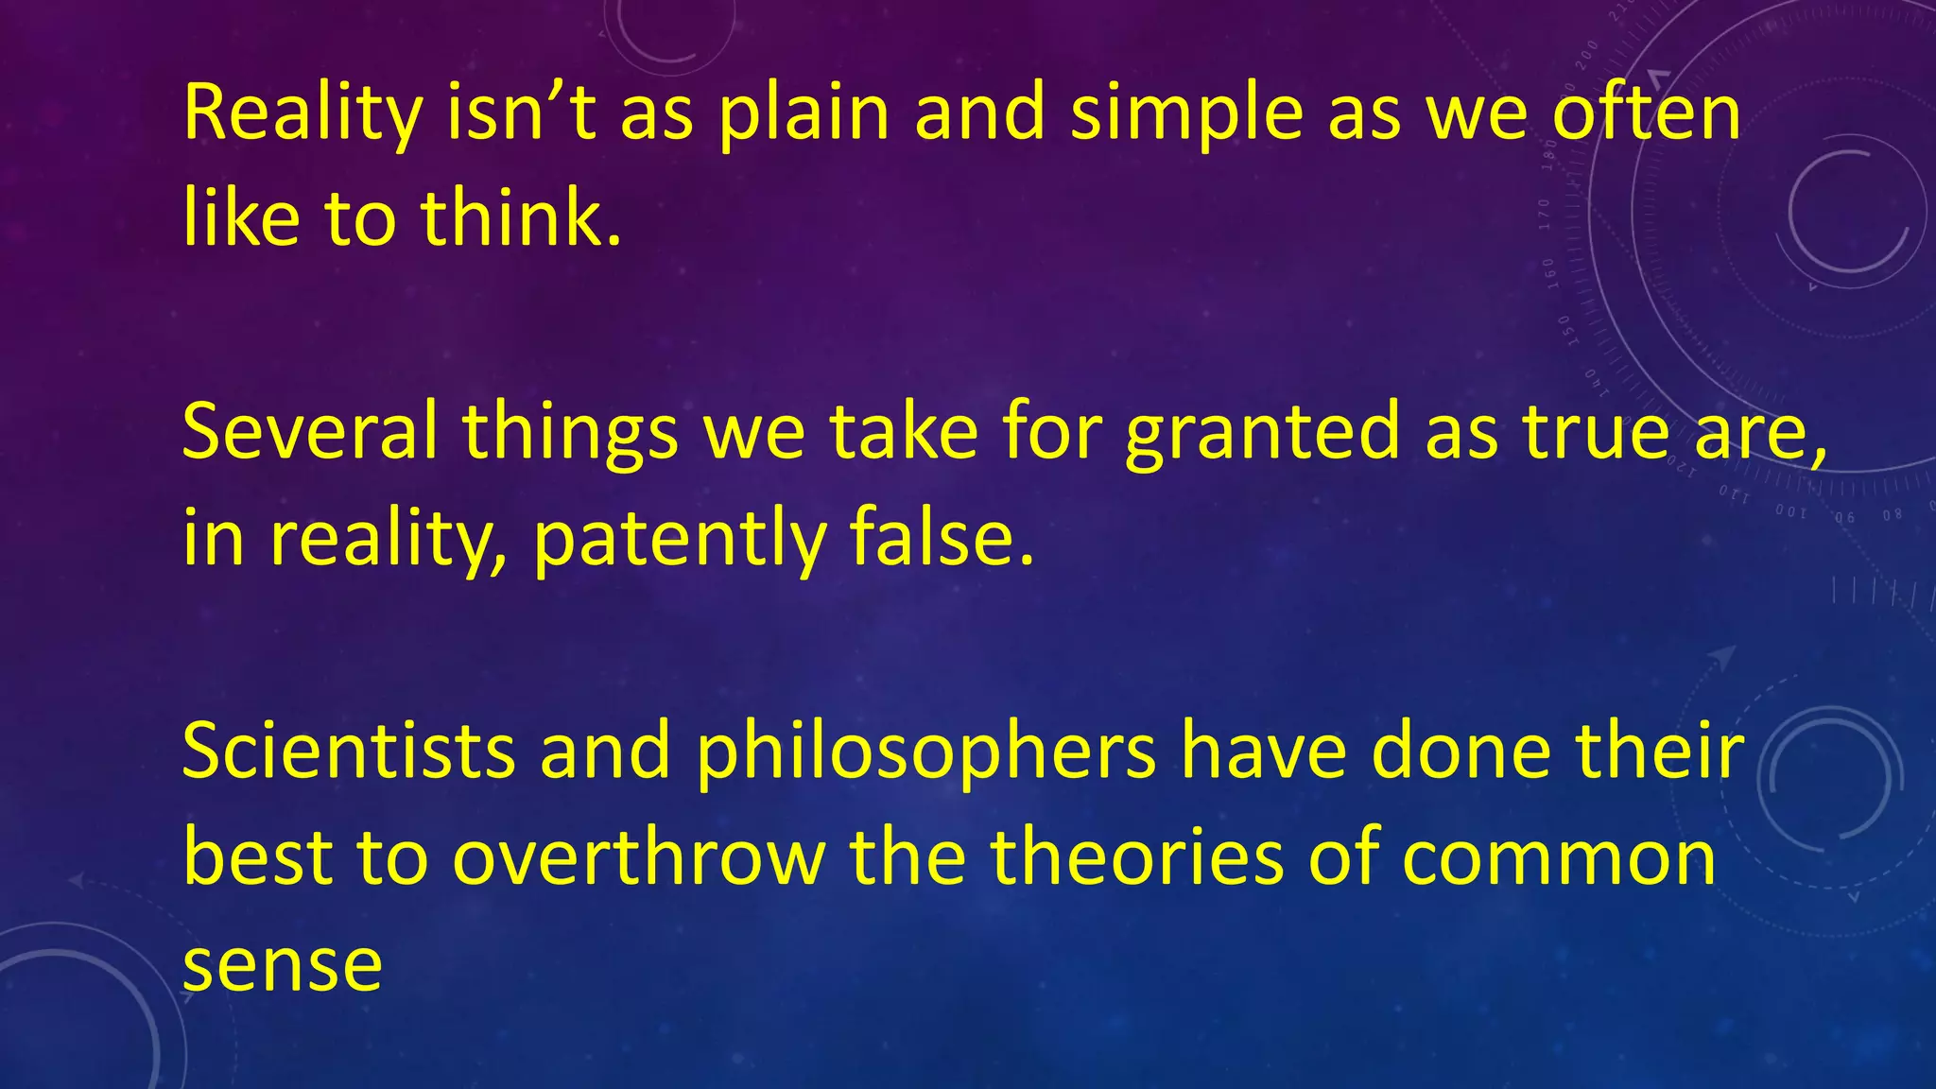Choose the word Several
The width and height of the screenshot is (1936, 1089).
pyautogui.click(x=309, y=431)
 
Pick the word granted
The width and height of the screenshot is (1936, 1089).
pyautogui.click(x=1263, y=433)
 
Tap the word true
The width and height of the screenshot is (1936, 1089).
pyautogui.click(x=1597, y=431)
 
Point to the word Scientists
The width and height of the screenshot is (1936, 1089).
pyautogui.click(x=349, y=751)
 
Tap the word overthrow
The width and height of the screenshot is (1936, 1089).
pyautogui.click(x=639, y=857)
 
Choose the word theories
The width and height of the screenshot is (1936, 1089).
pyautogui.click(x=1137, y=857)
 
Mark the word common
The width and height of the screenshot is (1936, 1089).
pyautogui.click(x=1559, y=859)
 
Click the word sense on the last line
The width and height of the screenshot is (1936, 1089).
pyautogui.click(x=282, y=966)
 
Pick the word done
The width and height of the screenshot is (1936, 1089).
pyautogui.click(x=1461, y=751)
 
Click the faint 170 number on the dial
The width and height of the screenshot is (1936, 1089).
pyautogui.click(x=1545, y=216)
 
